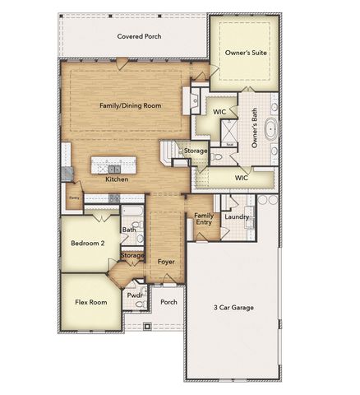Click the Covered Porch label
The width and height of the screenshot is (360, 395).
139,36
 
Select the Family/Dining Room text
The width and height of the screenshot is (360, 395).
130,105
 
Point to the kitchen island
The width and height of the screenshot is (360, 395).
113,161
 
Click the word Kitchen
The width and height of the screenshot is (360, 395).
117,179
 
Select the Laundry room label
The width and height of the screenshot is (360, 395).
237,216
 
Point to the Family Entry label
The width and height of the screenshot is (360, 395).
204,220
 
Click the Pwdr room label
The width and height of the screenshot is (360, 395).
134,295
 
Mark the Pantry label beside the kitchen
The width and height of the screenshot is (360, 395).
74,197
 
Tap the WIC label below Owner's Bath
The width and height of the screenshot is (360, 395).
241,177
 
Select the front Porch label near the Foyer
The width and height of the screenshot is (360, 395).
168,302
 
